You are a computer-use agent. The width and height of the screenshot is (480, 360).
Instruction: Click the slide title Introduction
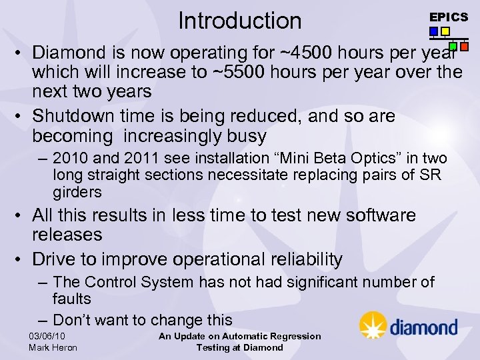(240, 21)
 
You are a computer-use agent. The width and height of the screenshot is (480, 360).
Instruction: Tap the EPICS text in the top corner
(448, 17)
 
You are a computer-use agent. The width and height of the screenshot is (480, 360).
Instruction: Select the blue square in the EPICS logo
(433, 31)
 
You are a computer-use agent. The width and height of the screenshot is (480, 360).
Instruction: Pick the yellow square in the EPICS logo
(445, 31)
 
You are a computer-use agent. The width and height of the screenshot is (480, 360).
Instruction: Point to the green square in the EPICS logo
(453, 47)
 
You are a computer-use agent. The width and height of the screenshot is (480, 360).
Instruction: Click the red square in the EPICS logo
(464, 47)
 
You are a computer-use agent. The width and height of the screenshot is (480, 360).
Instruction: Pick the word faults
(71, 299)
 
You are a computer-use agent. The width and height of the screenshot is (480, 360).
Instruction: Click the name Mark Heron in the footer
(53, 347)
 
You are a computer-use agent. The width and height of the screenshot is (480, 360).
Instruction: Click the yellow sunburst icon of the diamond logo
(373, 325)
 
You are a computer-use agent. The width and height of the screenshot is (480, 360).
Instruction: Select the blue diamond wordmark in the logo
(423, 327)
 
